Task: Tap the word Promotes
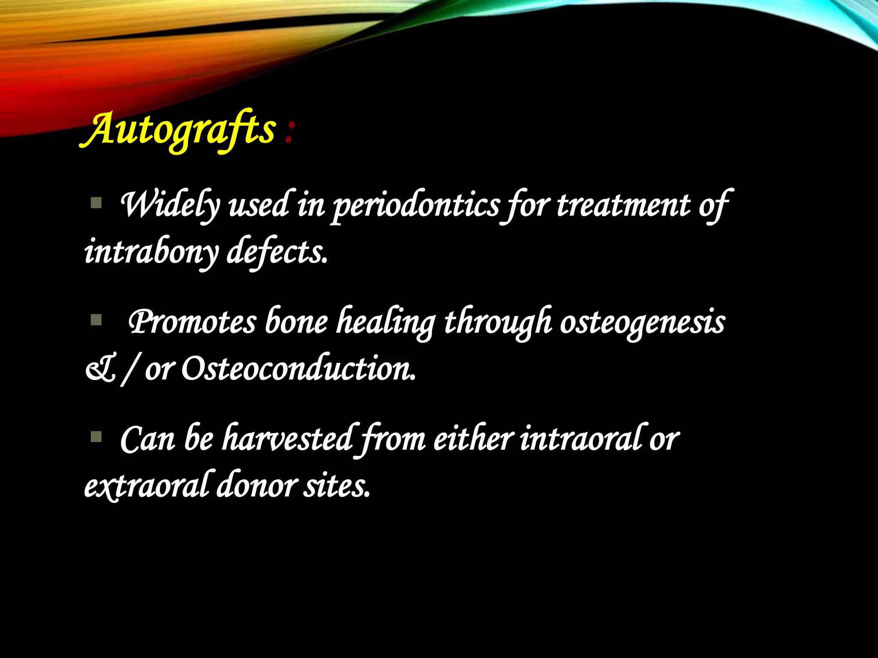(x=192, y=322)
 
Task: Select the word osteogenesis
(x=642, y=322)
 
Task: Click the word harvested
(x=288, y=439)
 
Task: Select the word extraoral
(x=146, y=486)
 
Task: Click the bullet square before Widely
(x=96, y=202)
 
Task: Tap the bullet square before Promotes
(x=96, y=320)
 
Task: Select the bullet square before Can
(x=96, y=437)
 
